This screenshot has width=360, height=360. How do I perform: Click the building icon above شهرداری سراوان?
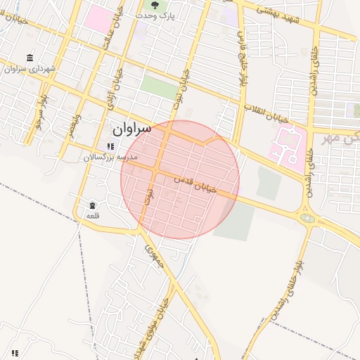tap(30, 58)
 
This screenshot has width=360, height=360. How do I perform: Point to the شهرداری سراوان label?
tap(30, 69)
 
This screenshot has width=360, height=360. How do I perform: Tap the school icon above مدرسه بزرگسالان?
tap(110, 146)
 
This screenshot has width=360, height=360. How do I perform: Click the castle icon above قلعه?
tap(93, 205)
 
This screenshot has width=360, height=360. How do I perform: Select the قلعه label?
tap(91, 215)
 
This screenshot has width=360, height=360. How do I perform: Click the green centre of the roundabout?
tap(307, 218)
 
